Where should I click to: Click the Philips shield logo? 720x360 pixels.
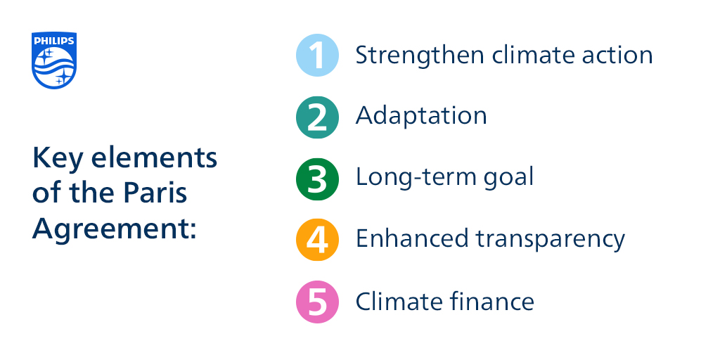pyautogui.click(x=53, y=60)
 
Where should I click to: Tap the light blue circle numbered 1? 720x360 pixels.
pyautogui.click(x=317, y=56)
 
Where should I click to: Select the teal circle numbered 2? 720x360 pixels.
pyautogui.click(x=317, y=117)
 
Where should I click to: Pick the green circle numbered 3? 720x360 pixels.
pyautogui.click(x=317, y=178)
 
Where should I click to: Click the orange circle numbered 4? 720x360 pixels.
pyautogui.click(x=317, y=240)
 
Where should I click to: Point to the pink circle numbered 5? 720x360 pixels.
pyautogui.click(x=317, y=302)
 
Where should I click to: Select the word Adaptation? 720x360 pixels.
pyautogui.click(x=421, y=116)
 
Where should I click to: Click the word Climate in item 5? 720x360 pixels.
pyautogui.click(x=398, y=302)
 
